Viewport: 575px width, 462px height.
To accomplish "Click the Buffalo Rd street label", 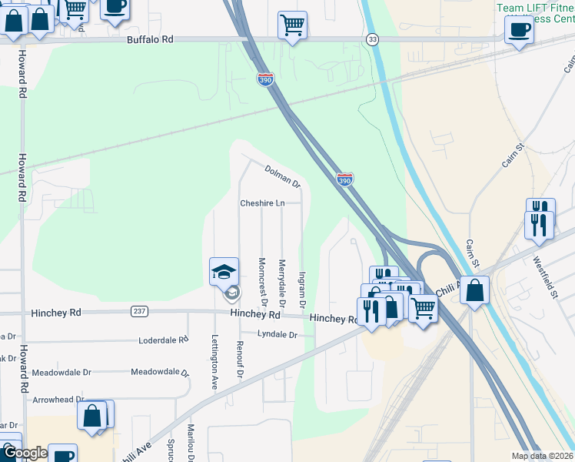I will click(151, 38).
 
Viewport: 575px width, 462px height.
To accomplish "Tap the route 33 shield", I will click(373, 39).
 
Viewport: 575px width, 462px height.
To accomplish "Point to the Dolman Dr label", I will click(282, 176).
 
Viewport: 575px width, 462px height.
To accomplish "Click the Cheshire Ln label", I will click(262, 203).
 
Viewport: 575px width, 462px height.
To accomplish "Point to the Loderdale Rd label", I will click(163, 340).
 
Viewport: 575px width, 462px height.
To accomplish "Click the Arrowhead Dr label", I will click(58, 400).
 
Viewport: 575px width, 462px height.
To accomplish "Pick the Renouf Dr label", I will click(240, 360).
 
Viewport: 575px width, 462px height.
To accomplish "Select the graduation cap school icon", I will click(224, 271).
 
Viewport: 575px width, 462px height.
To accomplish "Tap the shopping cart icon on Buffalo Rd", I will click(292, 25).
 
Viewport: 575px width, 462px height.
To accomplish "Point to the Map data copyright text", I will click(543, 456).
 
